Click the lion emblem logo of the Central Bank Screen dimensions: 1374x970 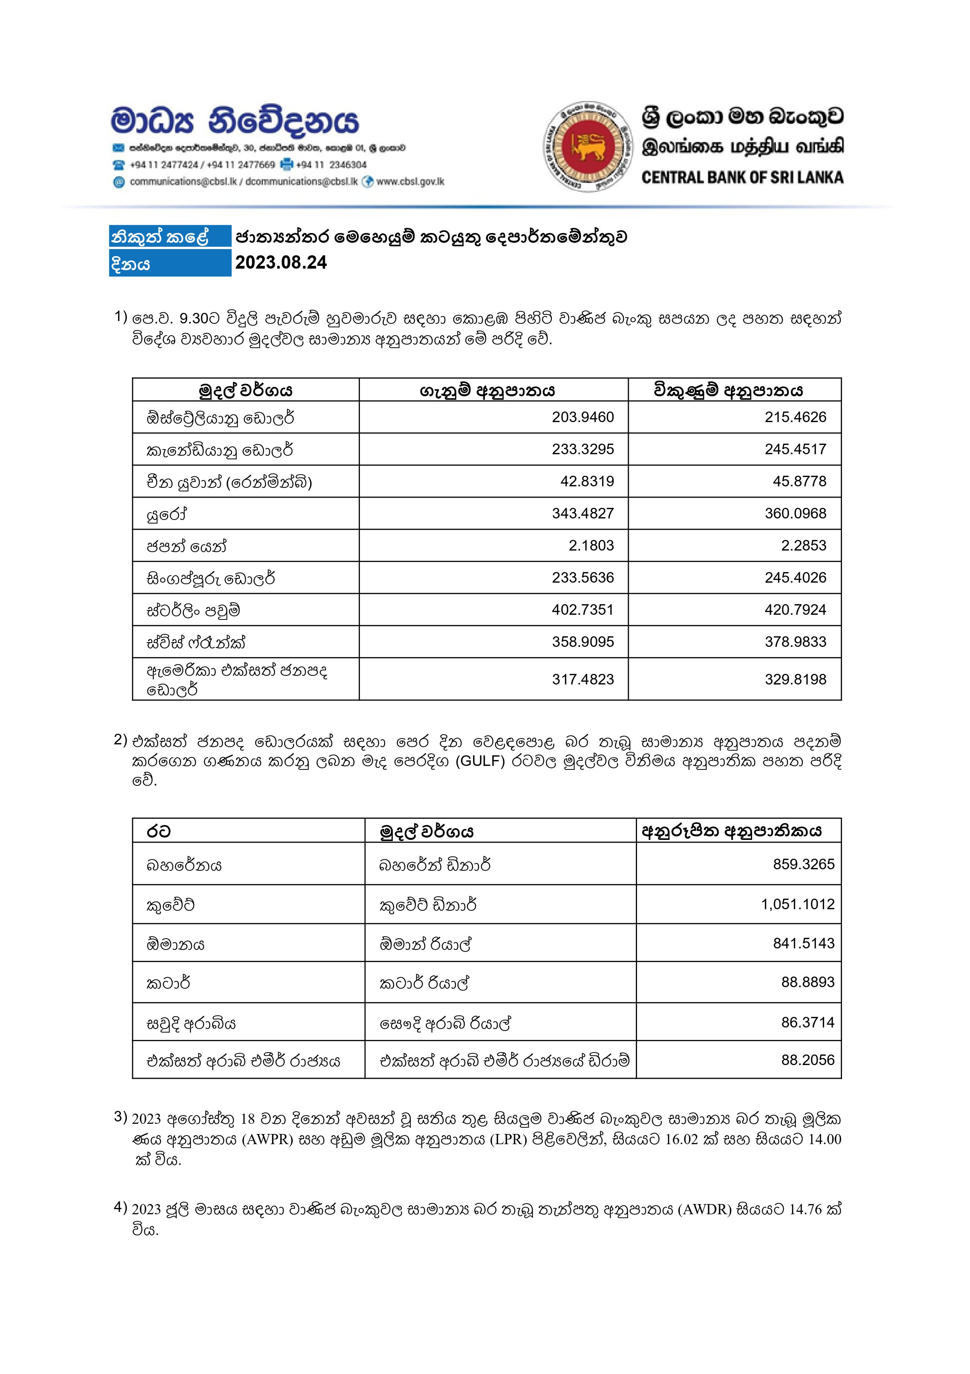tap(587, 146)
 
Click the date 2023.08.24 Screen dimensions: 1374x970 tap(281, 263)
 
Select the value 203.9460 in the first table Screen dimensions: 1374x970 tap(583, 417)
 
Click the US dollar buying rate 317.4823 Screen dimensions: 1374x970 tap(583, 679)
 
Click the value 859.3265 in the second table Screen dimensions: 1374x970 tap(803, 864)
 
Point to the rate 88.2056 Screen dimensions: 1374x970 tap(807, 1060)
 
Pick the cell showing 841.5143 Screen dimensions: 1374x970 tap(803, 943)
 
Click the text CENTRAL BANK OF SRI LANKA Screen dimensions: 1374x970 tap(742, 178)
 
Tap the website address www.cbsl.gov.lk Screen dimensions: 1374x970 tap(410, 181)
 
